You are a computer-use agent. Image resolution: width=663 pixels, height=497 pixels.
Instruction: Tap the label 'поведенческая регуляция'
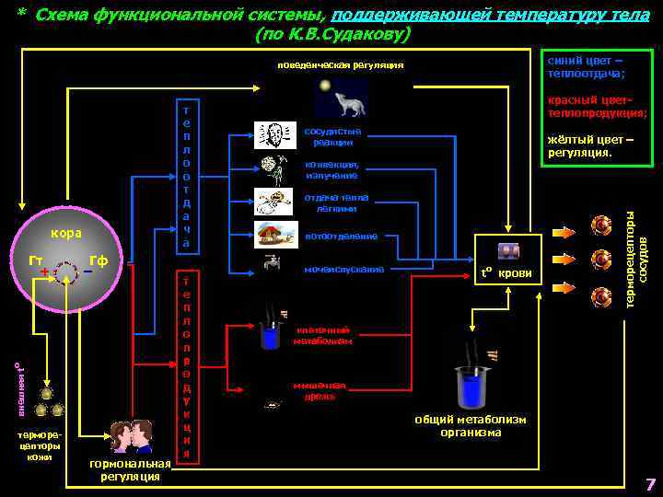tap(341, 64)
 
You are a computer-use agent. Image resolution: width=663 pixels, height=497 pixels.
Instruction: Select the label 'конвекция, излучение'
tap(332, 170)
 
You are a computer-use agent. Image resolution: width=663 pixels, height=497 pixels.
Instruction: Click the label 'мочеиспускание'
tap(343, 270)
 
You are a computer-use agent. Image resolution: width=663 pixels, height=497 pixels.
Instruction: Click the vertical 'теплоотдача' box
tap(186, 175)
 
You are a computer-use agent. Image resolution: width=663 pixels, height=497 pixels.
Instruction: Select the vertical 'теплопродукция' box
tap(186, 366)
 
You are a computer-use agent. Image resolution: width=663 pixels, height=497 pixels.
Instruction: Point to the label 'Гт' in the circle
tap(36, 260)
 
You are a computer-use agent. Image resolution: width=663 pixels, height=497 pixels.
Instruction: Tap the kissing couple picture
tap(129, 437)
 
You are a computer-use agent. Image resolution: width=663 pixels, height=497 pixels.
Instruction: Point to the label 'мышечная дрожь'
tap(320, 390)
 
